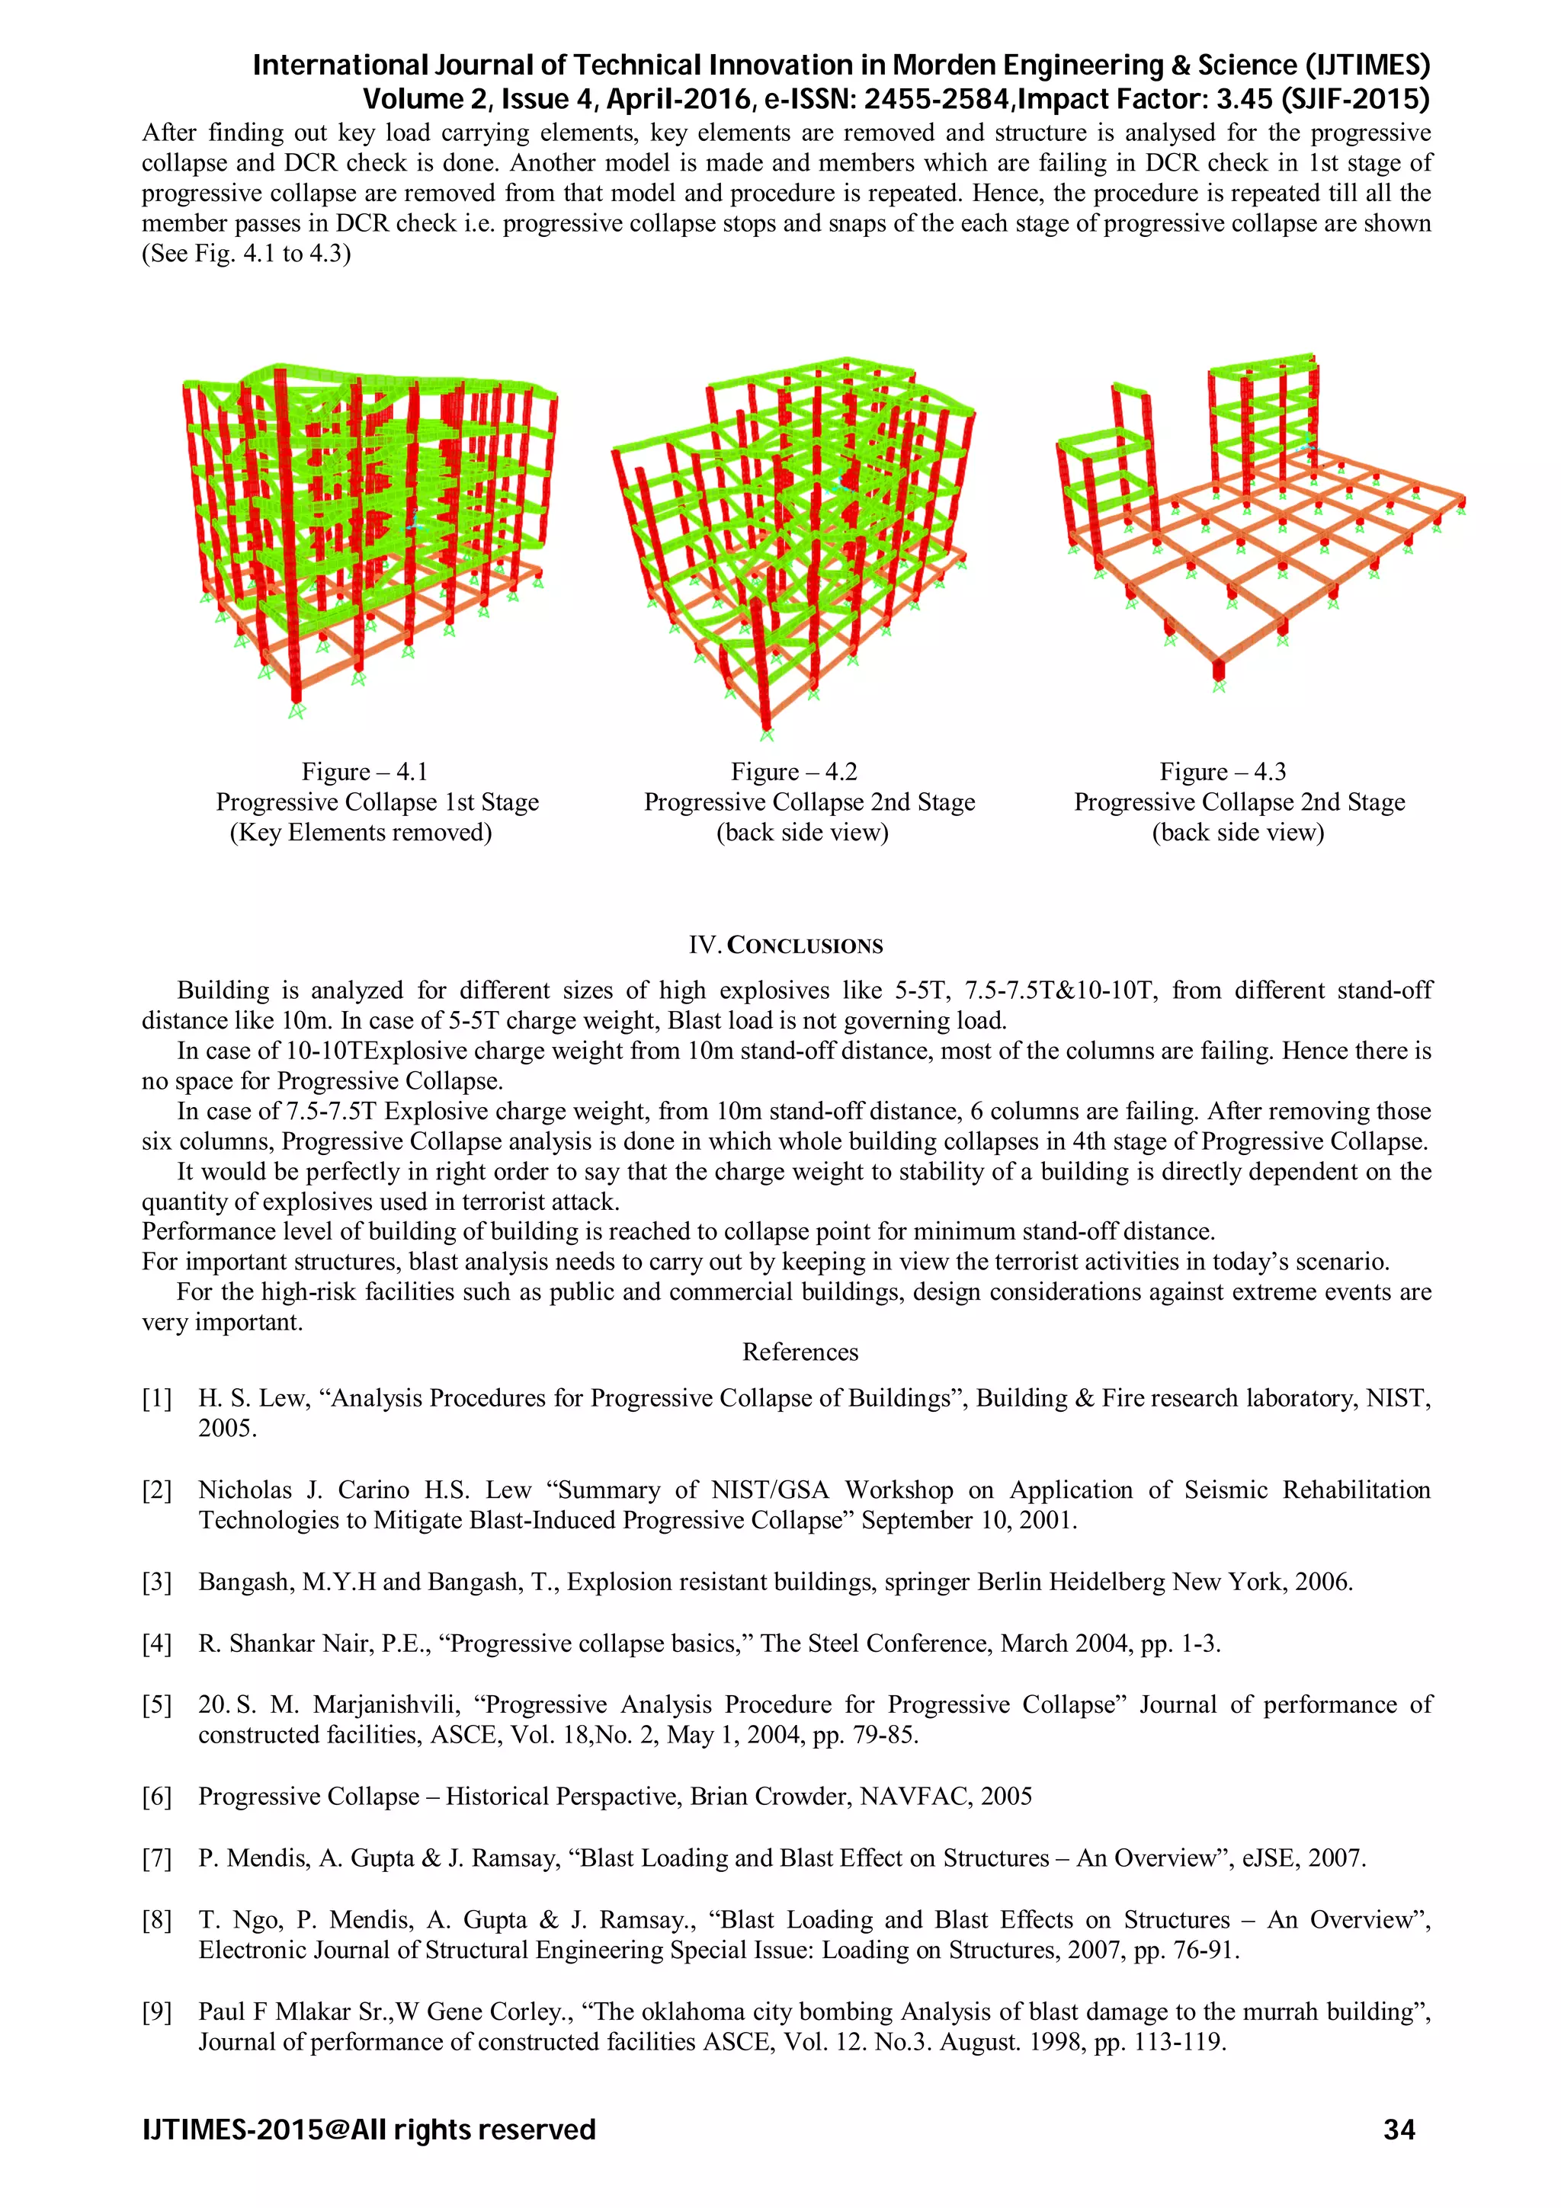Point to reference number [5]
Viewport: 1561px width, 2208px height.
tap(157, 1704)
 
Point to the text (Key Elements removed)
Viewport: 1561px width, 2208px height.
tap(361, 832)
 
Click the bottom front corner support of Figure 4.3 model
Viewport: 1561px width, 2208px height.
tap(1219, 686)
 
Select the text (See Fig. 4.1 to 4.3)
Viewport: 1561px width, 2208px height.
tap(246, 254)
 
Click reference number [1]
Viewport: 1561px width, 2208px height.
tap(157, 1397)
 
